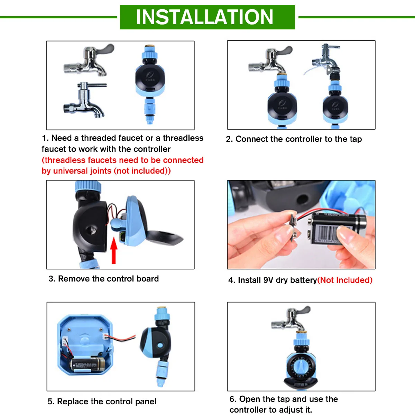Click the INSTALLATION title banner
coord(207,17)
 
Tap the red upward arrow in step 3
coord(114,250)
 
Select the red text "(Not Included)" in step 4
coord(345,280)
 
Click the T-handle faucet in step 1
coord(85,100)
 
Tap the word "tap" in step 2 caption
coord(356,139)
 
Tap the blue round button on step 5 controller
coord(160,345)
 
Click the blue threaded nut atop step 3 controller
coord(88,186)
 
